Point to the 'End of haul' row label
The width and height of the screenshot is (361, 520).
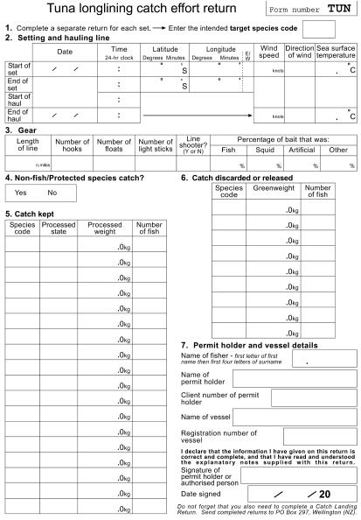[17, 115]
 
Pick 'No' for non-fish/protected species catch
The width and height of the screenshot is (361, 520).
[52, 193]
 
